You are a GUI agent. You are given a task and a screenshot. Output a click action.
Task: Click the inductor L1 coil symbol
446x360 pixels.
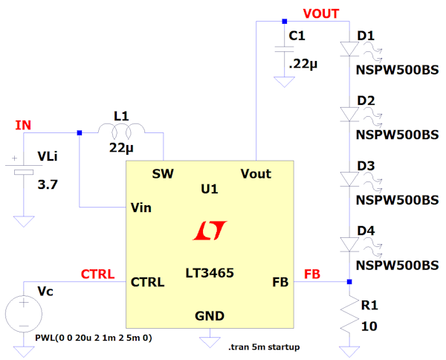point(121,132)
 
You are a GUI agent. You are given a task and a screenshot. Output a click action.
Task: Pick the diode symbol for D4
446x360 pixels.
point(349,244)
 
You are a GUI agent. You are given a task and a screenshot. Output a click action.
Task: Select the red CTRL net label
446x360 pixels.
point(97,274)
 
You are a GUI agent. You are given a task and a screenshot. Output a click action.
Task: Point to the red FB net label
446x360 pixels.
point(312,274)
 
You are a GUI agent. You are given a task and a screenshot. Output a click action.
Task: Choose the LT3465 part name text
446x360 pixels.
point(209,273)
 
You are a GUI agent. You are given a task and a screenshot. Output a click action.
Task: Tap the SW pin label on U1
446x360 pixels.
point(163,174)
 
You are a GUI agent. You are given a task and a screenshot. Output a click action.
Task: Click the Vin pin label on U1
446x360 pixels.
point(141,207)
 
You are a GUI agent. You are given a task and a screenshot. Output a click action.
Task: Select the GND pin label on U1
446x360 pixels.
point(209,315)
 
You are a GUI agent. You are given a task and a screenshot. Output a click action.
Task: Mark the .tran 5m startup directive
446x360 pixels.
point(264,347)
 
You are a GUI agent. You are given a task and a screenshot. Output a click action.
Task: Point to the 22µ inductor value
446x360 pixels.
point(121,147)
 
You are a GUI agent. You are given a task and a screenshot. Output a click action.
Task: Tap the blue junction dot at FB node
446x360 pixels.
point(349,282)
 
